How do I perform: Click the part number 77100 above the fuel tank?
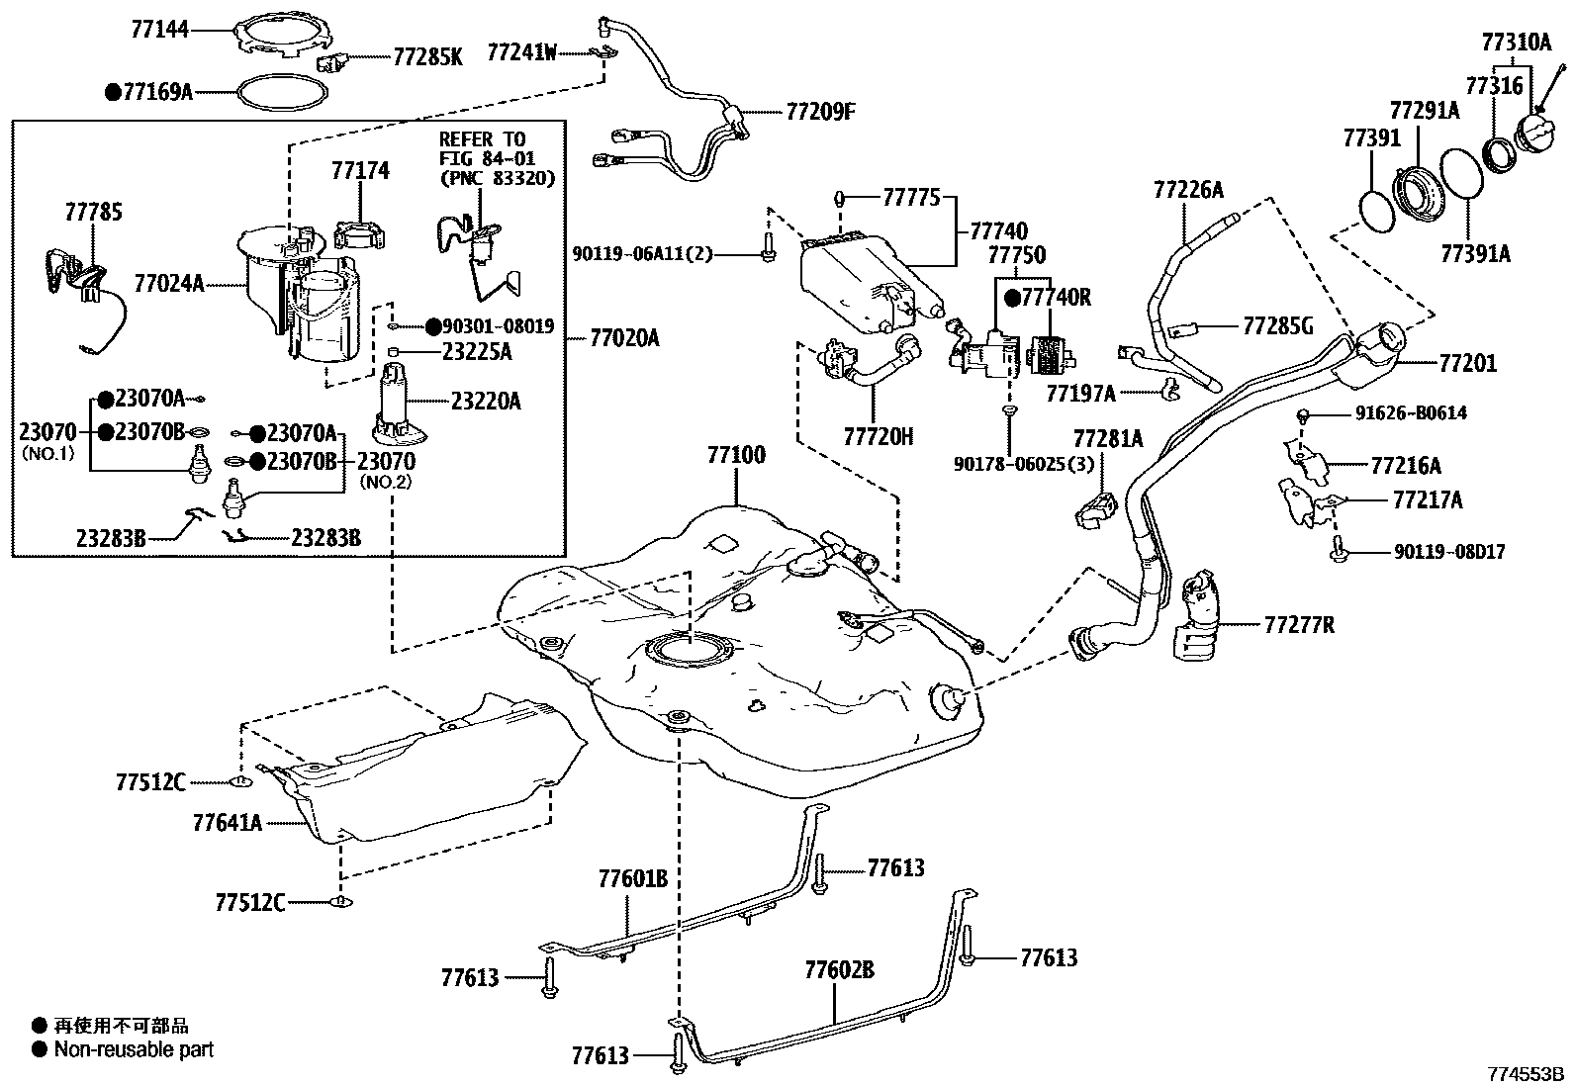pos(735,457)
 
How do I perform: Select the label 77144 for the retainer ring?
pos(159,31)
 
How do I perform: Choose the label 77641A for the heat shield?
pos(228,822)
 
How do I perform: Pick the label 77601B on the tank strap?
pos(633,878)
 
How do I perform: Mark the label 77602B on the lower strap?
pos(839,969)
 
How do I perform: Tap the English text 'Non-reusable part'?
pos(134,1049)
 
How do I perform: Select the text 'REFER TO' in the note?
pos(483,139)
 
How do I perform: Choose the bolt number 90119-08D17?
pos(1449,552)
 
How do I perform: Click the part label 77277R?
pos(1299,625)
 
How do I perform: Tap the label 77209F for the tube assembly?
pos(820,111)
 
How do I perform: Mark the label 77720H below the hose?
pos(879,435)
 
